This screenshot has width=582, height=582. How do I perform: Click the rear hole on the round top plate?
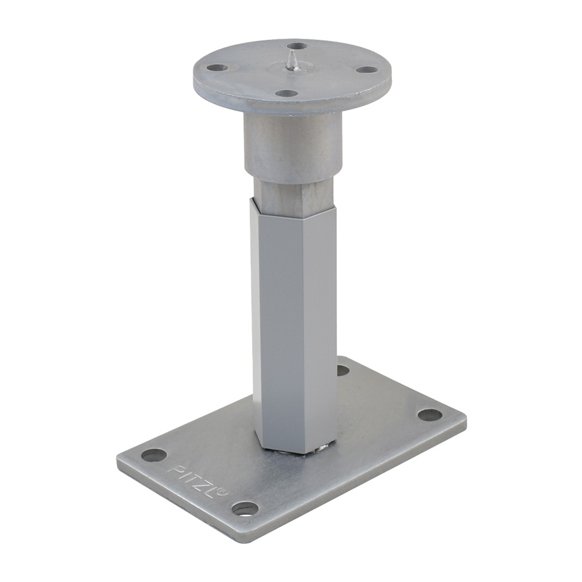click(297, 46)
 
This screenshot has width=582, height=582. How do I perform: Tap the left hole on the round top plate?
click(217, 68)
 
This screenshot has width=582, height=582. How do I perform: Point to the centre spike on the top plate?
click(292, 61)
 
